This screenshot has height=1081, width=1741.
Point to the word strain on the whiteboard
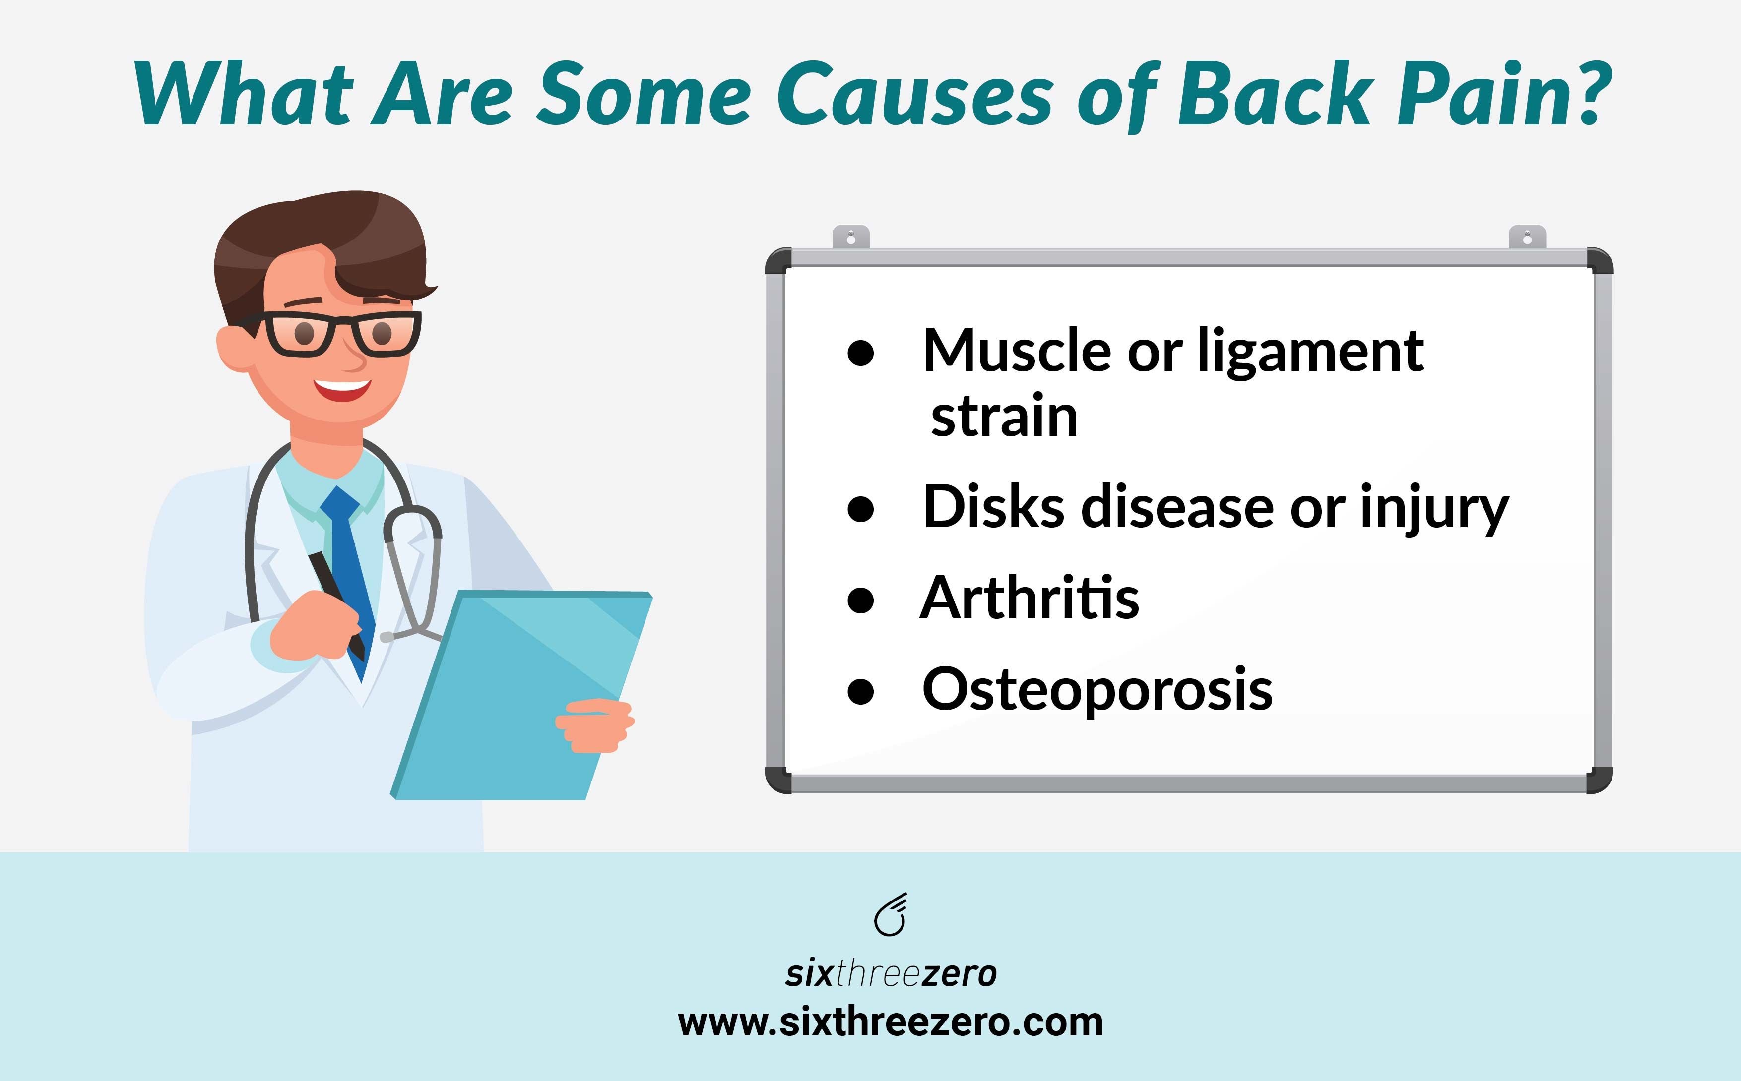[x=1004, y=416]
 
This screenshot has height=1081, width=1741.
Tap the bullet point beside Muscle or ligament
[x=860, y=353]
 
